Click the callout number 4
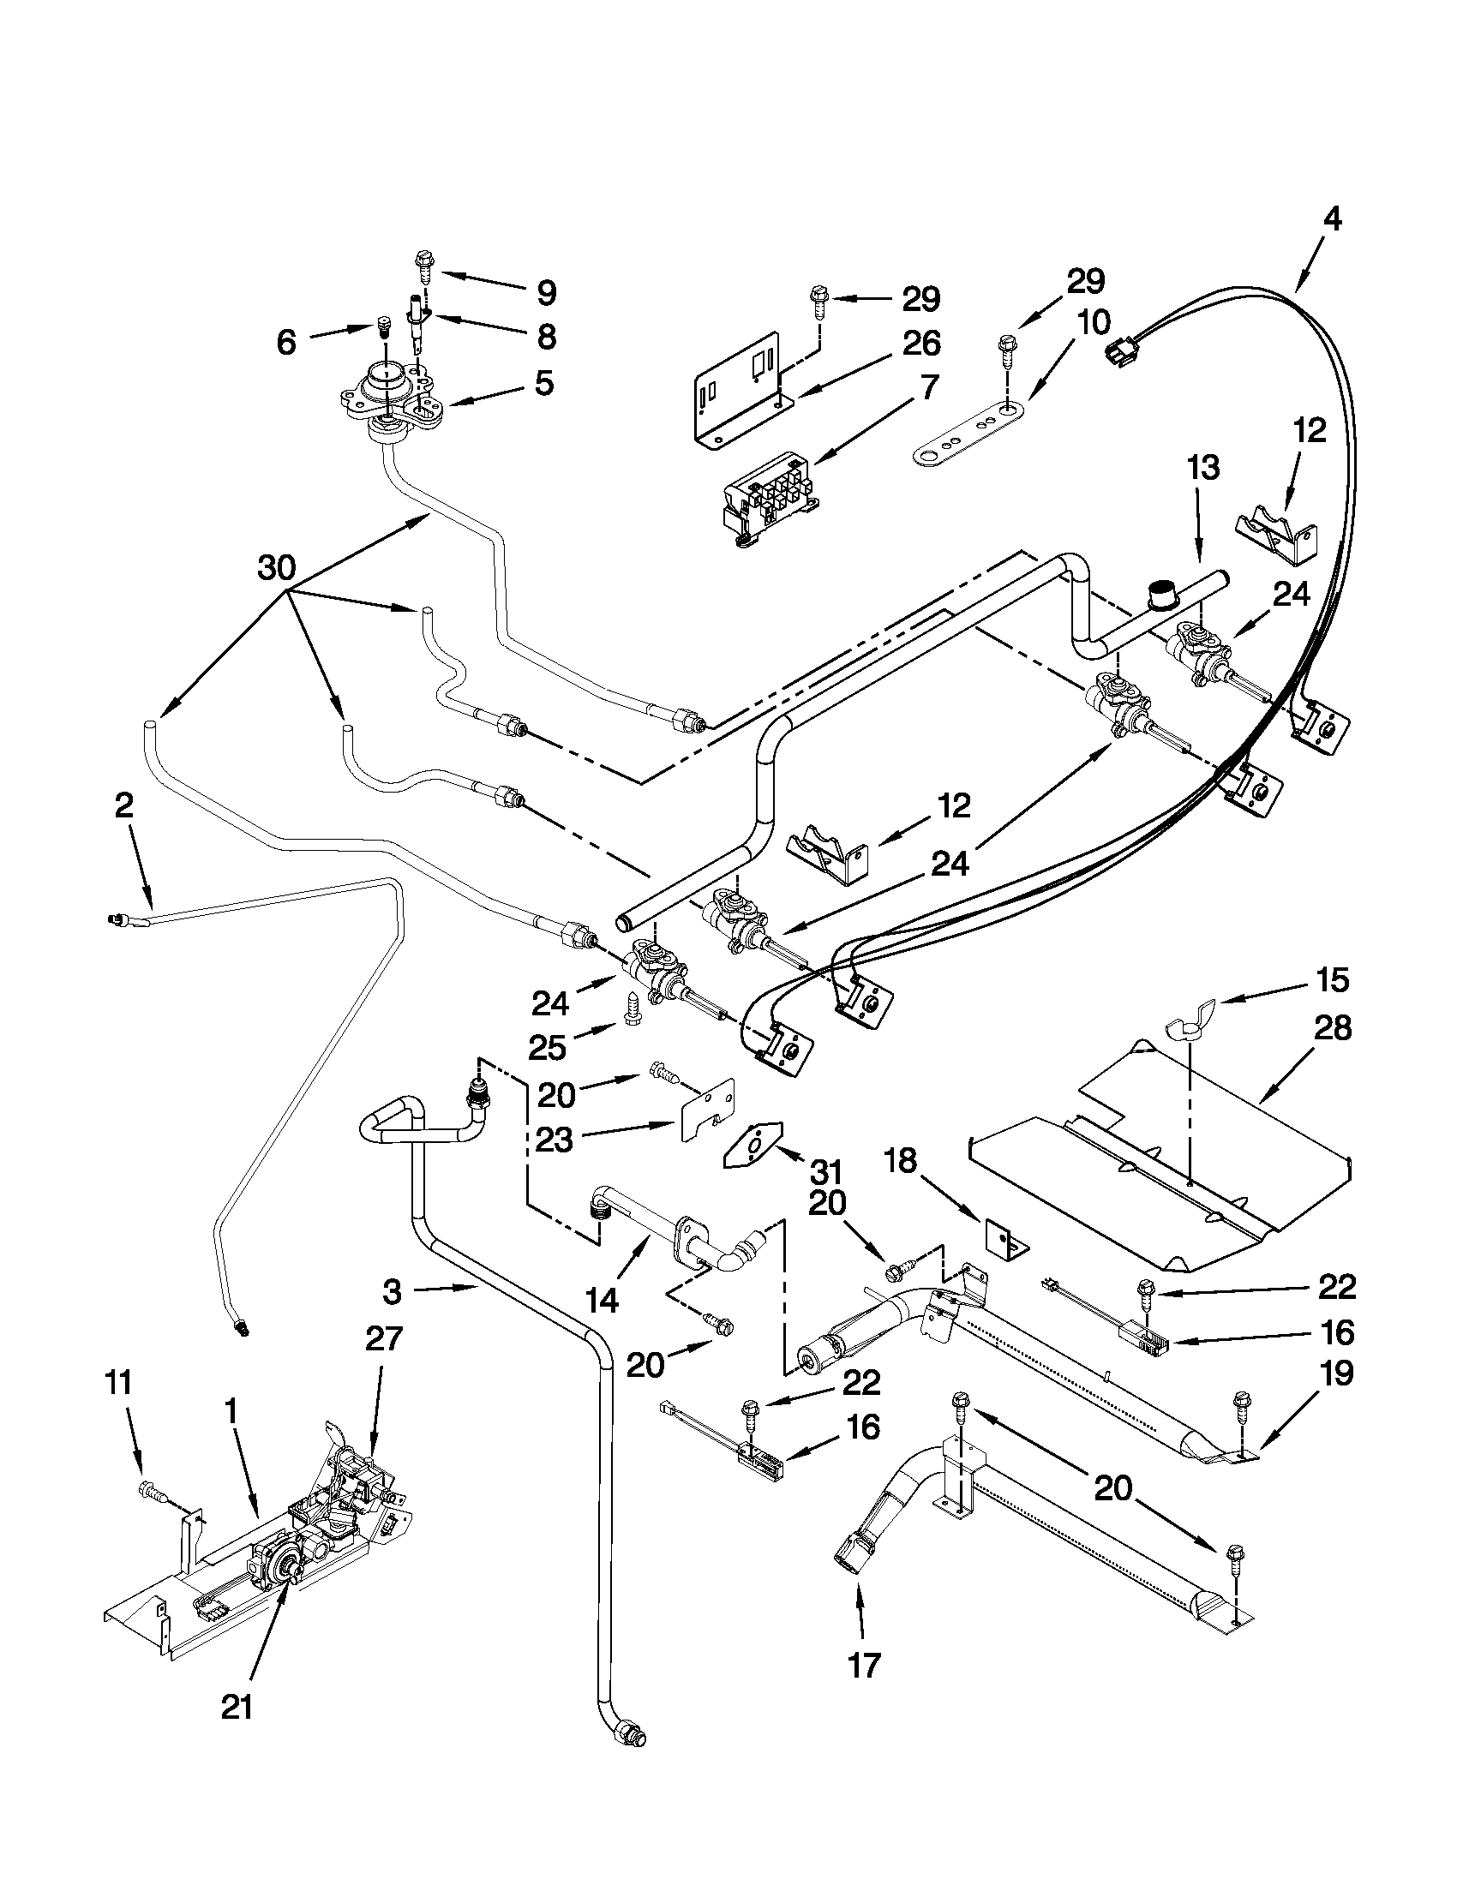pos(1332,220)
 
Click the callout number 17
pos(863,1666)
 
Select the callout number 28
pos(1332,1029)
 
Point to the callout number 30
pos(276,568)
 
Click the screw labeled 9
pos(423,262)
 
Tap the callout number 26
pos(921,344)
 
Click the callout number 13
pos(1203,468)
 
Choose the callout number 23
pos(554,1140)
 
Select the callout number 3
pos(391,1292)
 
